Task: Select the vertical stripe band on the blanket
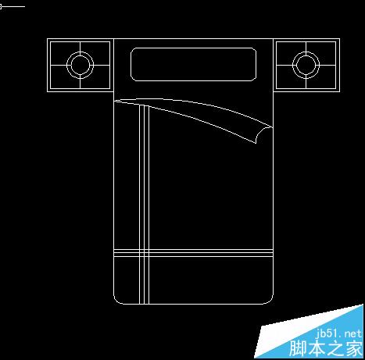(145, 205)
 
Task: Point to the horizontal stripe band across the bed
(193, 253)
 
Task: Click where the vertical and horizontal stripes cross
(145, 253)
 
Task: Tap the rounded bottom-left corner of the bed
(116, 301)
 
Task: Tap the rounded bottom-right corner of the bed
(270, 301)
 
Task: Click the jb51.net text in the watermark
(338, 333)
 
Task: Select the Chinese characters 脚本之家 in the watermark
(326, 348)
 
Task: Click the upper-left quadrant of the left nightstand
(65, 53)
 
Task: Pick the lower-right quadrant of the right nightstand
(321, 77)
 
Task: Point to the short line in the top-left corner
(13, 6)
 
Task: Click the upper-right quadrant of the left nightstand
(95, 53)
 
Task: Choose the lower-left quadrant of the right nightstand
(291, 77)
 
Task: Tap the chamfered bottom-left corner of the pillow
(133, 79)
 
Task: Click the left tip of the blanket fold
(115, 101)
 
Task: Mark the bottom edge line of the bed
(193, 304)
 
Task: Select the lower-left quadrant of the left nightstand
(65, 77)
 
